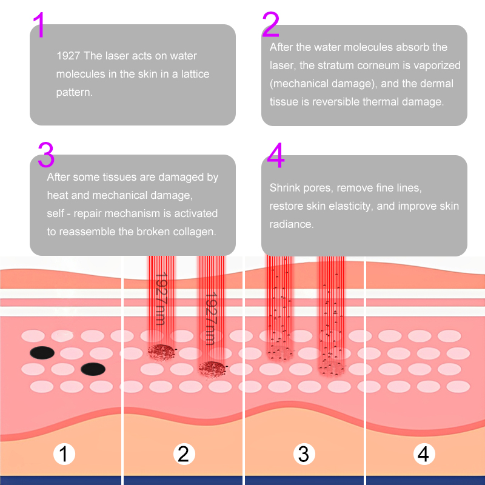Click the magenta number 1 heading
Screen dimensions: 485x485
tap(39, 25)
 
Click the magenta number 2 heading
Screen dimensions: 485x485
tap(270, 25)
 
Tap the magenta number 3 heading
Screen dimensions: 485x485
tap(46, 155)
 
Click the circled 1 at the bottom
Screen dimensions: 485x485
tap(64, 453)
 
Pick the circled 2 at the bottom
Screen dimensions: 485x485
tap(183, 453)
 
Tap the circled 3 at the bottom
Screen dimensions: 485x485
tap(304, 453)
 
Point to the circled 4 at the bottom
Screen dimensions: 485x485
tap(423, 453)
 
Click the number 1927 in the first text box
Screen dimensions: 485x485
tap(69, 56)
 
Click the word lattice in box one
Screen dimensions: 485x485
tap(195, 74)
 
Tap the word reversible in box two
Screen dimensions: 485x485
tap(336, 102)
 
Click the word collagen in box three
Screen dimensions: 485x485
tap(198, 232)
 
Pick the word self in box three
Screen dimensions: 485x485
tap(56, 213)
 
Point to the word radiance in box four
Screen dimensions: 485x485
tap(291, 224)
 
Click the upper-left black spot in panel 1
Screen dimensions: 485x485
tap(42, 352)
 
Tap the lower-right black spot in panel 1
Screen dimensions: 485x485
tap(93, 369)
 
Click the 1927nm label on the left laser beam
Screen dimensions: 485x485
tap(160, 298)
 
